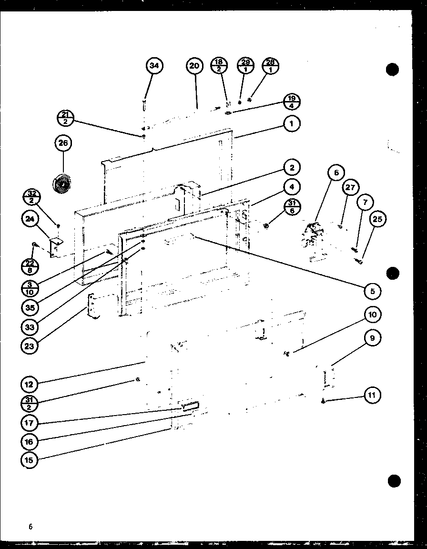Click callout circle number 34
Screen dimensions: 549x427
(154, 66)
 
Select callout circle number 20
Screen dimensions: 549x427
(194, 66)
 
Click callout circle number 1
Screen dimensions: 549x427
(292, 124)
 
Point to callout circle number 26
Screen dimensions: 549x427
(62, 143)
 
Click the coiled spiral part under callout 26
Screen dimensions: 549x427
(62, 183)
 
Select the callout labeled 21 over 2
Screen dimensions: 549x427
(65, 117)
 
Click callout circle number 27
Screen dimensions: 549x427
(350, 187)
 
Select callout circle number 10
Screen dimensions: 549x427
(373, 315)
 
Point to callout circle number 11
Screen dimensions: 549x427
(373, 395)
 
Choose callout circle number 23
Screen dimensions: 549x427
(29, 346)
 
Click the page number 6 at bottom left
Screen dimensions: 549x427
(30, 527)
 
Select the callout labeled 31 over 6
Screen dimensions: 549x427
(292, 207)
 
